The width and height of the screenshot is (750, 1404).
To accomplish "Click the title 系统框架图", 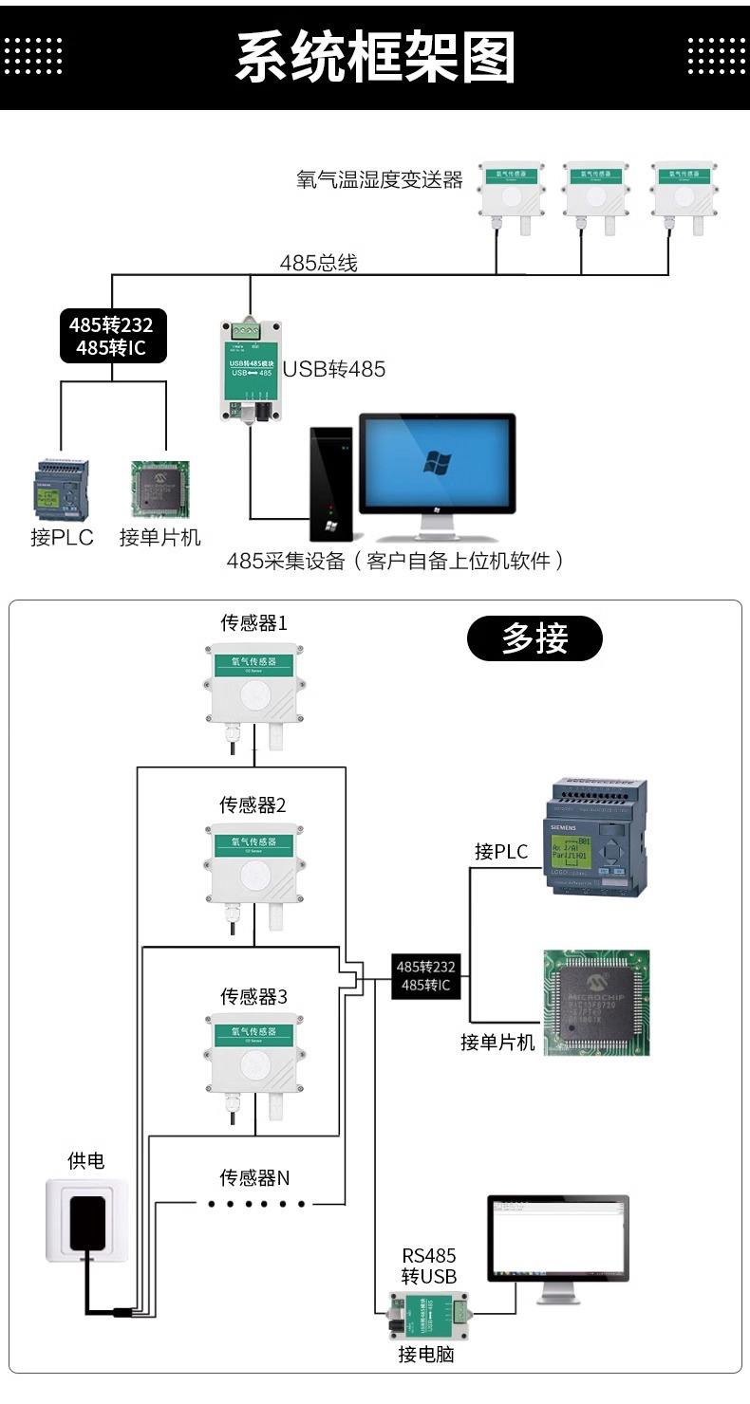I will (x=375, y=57).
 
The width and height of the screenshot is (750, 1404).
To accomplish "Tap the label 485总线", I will (x=318, y=264).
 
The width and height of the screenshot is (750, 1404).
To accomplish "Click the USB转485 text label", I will (x=334, y=369).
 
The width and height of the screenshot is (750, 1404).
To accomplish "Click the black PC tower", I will (x=330, y=484).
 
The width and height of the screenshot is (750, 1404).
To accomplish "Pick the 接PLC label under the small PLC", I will (x=62, y=538).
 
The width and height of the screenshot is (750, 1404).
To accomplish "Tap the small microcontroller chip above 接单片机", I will (x=159, y=490).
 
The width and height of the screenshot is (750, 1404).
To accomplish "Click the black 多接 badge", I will (x=534, y=638).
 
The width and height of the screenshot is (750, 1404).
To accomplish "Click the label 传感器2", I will (x=253, y=805).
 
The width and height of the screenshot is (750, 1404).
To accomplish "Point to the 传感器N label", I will (x=254, y=1177).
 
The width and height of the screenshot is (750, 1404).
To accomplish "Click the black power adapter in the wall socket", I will (x=87, y=1224).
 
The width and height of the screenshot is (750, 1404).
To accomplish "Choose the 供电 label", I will (x=85, y=1160).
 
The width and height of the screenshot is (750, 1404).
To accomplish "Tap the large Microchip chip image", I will (x=596, y=1003).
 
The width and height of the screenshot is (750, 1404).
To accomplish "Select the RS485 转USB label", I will (x=428, y=1265).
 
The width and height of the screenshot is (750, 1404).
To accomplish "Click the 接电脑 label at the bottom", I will (x=425, y=1355).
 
